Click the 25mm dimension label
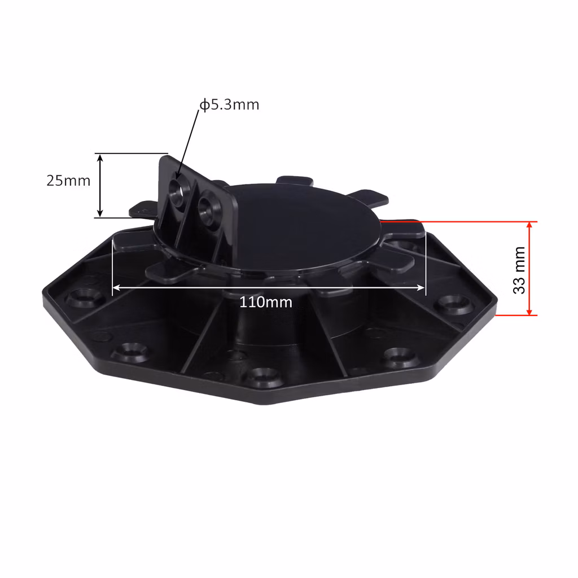pyautogui.click(x=68, y=181)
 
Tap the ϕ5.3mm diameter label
pyautogui.click(x=229, y=104)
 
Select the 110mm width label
pyautogui.click(x=266, y=303)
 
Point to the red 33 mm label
pyautogui.click(x=519, y=270)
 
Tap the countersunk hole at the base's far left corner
pyautogui.click(x=81, y=298)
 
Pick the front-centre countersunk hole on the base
pyautogui.click(x=264, y=376)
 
